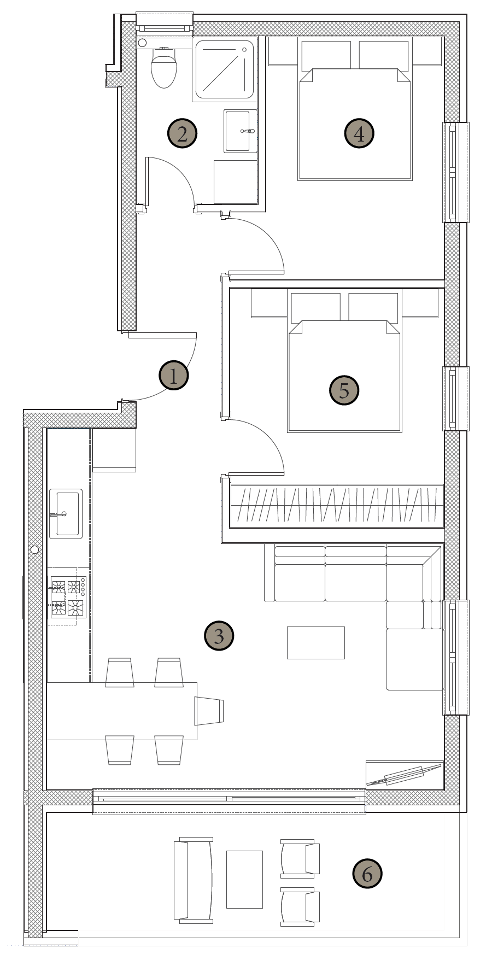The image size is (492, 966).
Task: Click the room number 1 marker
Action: [174, 376]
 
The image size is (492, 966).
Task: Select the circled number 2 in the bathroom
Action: [182, 133]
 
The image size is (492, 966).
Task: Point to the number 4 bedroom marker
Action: [359, 133]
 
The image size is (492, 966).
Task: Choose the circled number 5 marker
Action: [344, 390]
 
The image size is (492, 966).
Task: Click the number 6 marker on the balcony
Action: [367, 873]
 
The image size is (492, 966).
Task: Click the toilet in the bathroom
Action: [163, 66]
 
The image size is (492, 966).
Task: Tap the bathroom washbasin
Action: [240, 131]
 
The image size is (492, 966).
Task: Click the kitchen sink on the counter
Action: [66, 513]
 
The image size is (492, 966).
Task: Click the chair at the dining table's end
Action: [209, 711]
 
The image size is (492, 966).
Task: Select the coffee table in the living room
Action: [316, 643]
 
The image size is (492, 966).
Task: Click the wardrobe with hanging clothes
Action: [337, 506]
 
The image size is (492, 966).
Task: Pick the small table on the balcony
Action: [244, 880]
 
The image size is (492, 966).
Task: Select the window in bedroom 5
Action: [455, 399]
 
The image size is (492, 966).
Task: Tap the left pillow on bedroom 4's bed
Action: [326, 55]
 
